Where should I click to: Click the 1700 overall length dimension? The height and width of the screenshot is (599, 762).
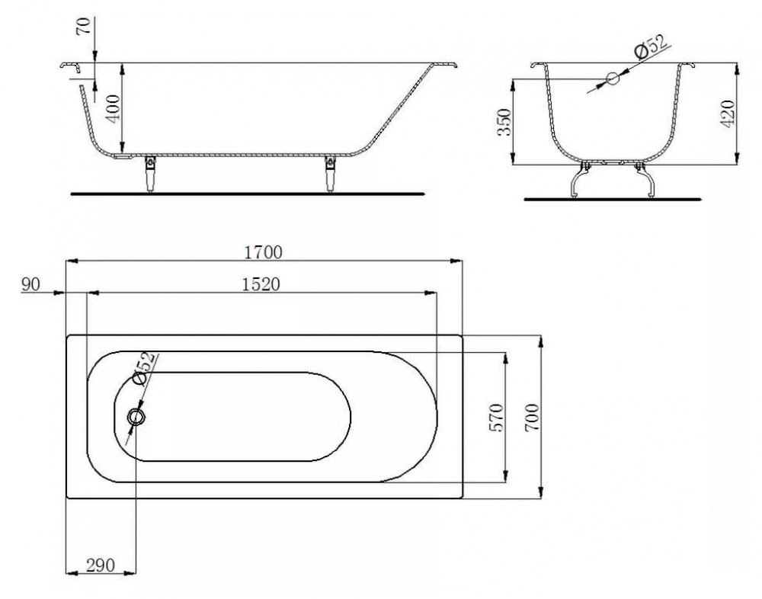tap(263, 252)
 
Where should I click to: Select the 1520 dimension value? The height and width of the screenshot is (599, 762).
tap(261, 284)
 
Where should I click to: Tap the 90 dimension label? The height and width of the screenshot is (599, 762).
tap(30, 284)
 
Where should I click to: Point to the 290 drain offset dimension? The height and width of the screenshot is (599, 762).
tap(101, 565)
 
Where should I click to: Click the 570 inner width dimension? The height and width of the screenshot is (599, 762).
tap(497, 417)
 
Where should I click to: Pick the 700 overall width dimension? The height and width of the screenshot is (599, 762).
tap(532, 417)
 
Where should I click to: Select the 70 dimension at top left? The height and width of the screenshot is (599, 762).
tap(83, 25)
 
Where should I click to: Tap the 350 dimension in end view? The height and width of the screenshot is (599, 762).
tap(505, 122)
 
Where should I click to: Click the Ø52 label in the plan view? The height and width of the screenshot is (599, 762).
tap(144, 367)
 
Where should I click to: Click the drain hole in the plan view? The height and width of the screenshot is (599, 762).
tap(136, 417)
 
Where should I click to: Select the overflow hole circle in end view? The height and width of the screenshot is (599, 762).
tap(613, 78)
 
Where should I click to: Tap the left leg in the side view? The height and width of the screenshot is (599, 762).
tap(150, 173)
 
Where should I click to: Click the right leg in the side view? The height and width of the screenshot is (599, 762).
tap(331, 174)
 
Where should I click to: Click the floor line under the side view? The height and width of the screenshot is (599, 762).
tap(248, 194)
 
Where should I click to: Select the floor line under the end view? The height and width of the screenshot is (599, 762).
tap(613, 200)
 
